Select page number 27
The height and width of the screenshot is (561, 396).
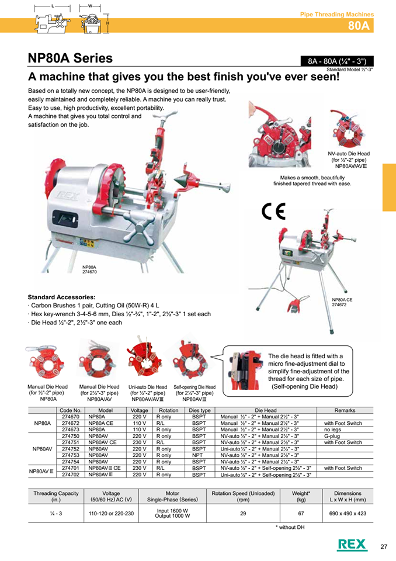coord(384,546)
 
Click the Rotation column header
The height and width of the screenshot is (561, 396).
coord(169,410)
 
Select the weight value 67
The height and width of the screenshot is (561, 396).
coord(301,513)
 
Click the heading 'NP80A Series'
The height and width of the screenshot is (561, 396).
coord(70,58)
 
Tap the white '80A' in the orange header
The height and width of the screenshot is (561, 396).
coord(359,25)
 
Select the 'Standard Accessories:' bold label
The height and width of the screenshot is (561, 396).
coord(61,297)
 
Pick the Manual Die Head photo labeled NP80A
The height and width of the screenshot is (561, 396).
coord(47,365)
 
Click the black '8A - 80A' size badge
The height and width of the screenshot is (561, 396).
coord(335,61)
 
